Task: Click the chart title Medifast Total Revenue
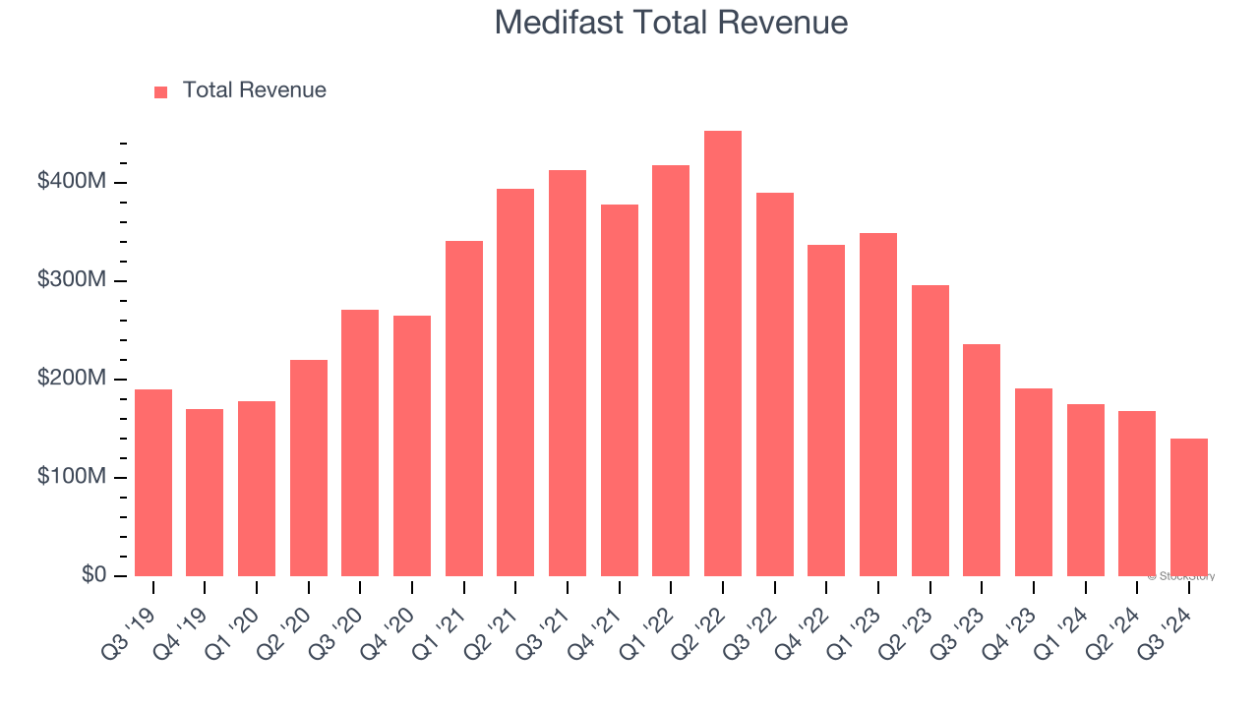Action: click(671, 23)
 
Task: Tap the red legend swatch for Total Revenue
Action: click(161, 91)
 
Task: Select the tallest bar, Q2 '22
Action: click(723, 354)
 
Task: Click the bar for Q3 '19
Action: click(153, 483)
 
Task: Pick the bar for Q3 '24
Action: click(1189, 507)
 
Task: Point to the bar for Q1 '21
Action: click(464, 408)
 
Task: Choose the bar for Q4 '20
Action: click(412, 445)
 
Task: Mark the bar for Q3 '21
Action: click(568, 374)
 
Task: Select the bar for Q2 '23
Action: click(930, 431)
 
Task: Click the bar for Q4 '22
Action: click(826, 410)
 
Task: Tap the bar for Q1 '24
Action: click(1086, 490)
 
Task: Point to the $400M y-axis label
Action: click(72, 182)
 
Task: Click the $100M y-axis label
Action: click(72, 477)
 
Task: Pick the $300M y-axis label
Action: click(72, 280)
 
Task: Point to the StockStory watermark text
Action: click(1181, 576)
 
